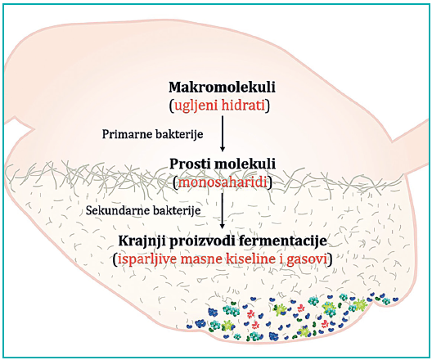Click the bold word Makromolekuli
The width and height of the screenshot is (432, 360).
(x=222, y=88)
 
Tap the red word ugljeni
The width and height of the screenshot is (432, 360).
(x=195, y=106)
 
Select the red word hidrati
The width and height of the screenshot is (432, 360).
(x=243, y=106)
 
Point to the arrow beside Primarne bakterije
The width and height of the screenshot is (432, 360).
(x=223, y=133)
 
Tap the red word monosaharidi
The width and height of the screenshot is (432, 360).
(x=223, y=182)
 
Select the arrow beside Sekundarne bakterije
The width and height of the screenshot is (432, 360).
(x=223, y=211)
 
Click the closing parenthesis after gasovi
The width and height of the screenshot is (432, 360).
(x=330, y=259)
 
